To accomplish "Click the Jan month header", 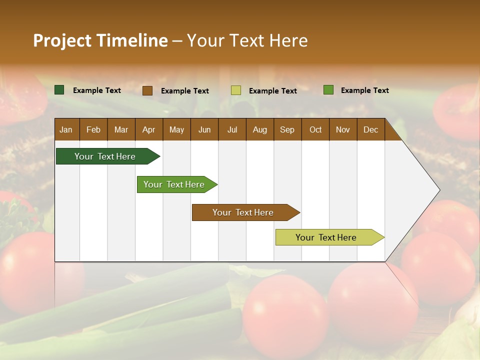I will pyautogui.click(x=66, y=130).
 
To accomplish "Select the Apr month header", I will pyautogui.click(x=148, y=130).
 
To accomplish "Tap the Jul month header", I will pyautogui.click(x=232, y=130).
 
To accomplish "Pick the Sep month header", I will pyautogui.click(x=287, y=130).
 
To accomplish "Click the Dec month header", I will pyautogui.click(x=370, y=130).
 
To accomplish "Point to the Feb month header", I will pyautogui.click(x=93, y=130).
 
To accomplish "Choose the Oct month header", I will pyautogui.click(x=315, y=130).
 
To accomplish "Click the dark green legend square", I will pyautogui.click(x=59, y=90).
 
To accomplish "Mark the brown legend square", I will pyautogui.click(x=147, y=90).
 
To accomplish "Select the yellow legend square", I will pyautogui.click(x=236, y=90).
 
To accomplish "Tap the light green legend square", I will pyautogui.click(x=328, y=90).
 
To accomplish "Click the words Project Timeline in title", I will pyautogui.click(x=100, y=40).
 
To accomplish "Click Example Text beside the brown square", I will pyautogui.click(x=185, y=91).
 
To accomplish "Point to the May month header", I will pyautogui.click(x=176, y=130).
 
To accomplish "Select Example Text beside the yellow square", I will pyautogui.click(x=273, y=91).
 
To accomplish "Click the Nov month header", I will pyautogui.click(x=343, y=130).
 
